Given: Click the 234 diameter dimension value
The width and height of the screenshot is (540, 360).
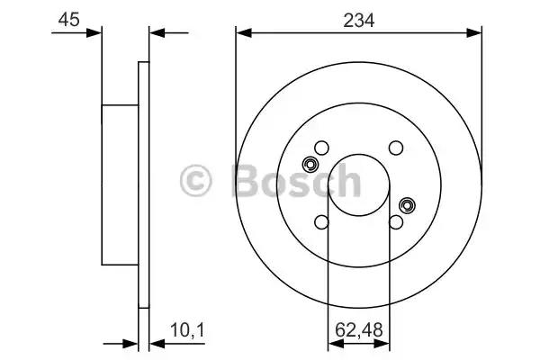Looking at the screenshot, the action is coord(358,21).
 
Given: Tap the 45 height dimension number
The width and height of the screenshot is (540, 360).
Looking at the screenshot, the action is coord(69,19).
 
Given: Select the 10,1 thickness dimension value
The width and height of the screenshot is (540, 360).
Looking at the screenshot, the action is coord(187,330).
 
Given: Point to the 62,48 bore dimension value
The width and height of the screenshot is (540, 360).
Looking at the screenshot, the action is coord(359,329).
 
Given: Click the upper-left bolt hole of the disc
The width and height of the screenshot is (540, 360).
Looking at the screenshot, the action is coord(321,148).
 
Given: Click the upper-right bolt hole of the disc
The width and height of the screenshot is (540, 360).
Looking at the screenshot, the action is coord(396,148).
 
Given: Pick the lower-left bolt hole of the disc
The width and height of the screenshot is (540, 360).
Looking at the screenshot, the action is coord(321,222).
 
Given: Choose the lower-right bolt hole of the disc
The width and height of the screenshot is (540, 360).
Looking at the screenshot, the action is coord(396,222).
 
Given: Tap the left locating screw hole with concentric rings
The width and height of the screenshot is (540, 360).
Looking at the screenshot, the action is coord(310,165).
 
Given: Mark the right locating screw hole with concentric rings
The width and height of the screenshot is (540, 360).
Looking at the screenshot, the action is coord(407,206).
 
